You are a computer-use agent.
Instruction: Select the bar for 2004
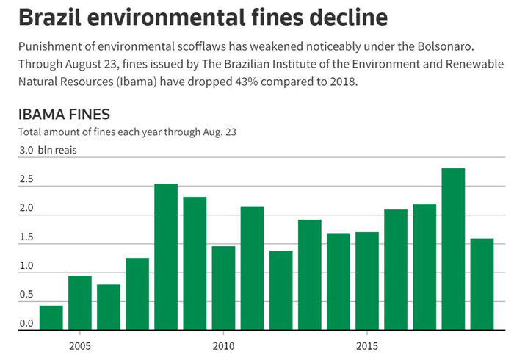point(51,317)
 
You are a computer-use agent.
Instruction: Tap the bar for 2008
point(166,256)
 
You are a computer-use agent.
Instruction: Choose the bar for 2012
point(280,290)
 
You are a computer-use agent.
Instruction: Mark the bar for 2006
point(109,307)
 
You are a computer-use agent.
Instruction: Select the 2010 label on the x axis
point(223,345)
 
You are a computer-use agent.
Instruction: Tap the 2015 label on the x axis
point(367,345)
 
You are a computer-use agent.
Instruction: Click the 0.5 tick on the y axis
point(26,295)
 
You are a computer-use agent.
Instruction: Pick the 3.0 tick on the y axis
point(26,151)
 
